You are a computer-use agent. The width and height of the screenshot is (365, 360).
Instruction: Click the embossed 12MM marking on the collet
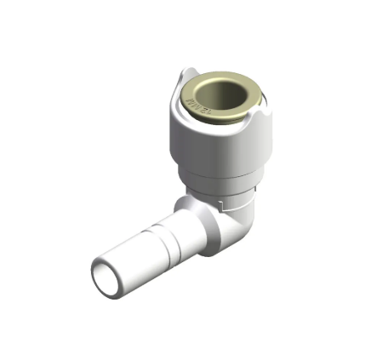pyautogui.click(x=193, y=108)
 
